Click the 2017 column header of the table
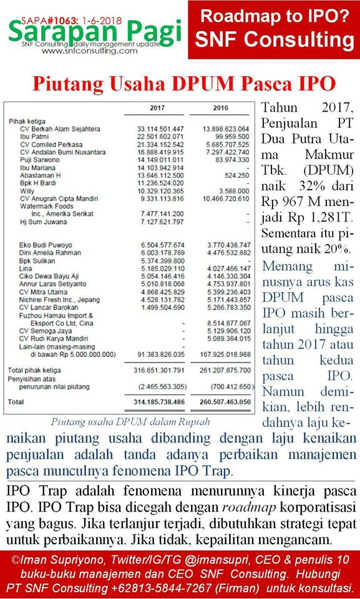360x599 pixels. pos(157,108)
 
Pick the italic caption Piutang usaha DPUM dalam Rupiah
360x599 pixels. pos(129,422)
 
